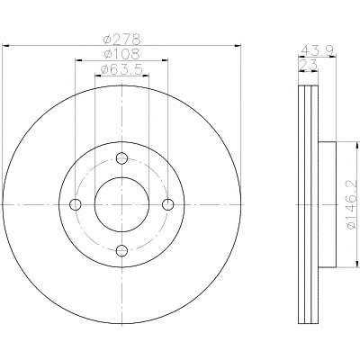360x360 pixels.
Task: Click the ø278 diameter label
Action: [121, 39]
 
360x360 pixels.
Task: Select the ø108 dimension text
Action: [121, 54]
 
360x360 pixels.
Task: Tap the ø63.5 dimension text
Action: [121, 69]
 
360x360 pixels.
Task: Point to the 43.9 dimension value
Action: [318, 49]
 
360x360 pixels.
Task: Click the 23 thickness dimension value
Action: [309, 65]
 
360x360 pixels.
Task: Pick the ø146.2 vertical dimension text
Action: [352, 204]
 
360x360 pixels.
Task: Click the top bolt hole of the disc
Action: [121, 158]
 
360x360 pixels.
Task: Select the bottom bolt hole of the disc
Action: [121, 250]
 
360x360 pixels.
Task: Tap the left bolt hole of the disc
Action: [76, 204]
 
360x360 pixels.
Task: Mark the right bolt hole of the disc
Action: [168, 204]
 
